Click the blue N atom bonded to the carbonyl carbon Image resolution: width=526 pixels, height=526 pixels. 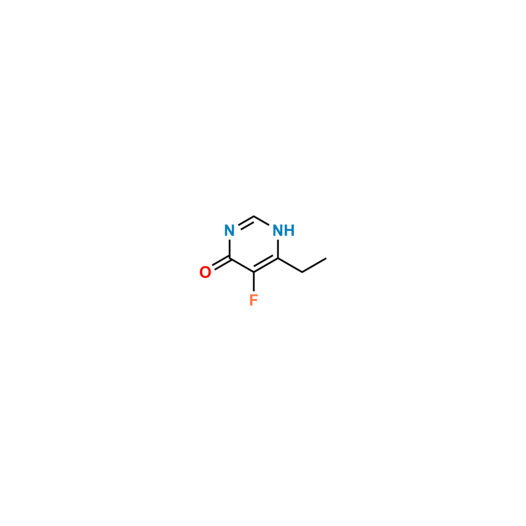[x=229, y=231]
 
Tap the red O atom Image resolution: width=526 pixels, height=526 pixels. [x=205, y=272]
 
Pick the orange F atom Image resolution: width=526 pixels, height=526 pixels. [x=254, y=300]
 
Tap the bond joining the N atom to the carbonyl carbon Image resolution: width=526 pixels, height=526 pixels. [x=229, y=245]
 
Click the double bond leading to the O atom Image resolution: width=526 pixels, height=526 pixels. [x=218, y=264]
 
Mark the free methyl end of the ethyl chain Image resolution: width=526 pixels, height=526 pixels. [x=327, y=256]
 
